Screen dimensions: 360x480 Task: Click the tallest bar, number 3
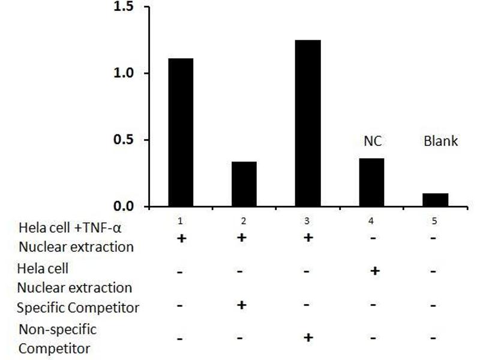coord(308,123)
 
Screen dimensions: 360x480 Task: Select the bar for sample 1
coord(181,132)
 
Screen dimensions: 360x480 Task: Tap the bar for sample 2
coord(244,184)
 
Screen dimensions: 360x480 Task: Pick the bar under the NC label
coord(371,182)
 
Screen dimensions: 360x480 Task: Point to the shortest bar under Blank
coord(435,200)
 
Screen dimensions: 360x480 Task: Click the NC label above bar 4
coord(373,142)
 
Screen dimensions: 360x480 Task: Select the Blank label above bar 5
coord(440,142)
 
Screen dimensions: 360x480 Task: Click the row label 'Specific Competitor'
coord(79,308)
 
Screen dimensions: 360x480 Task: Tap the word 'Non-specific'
coord(58,329)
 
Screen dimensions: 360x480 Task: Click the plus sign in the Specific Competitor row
coord(242,305)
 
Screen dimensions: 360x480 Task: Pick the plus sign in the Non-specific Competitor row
coord(308,337)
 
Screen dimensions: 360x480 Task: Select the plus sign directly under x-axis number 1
coord(180,239)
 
